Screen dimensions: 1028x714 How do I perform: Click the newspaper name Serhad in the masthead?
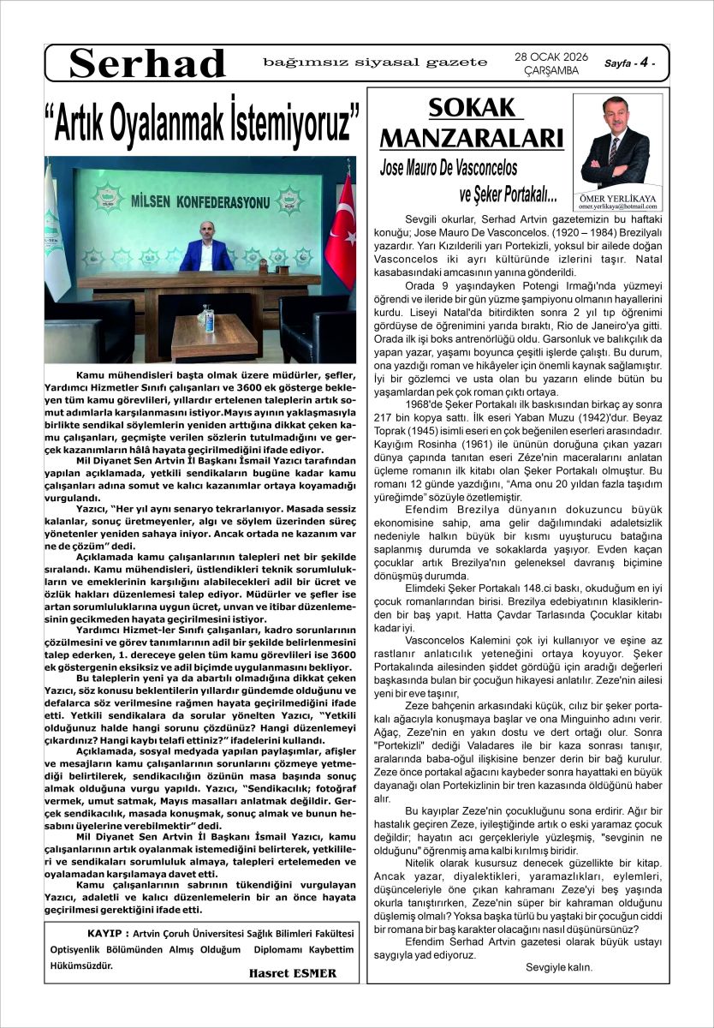(147, 63)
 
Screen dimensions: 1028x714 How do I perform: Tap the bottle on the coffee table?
(206, 319)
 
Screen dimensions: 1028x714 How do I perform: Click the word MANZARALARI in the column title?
(471, 139)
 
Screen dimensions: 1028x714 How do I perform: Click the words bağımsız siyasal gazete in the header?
(374, 63)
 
